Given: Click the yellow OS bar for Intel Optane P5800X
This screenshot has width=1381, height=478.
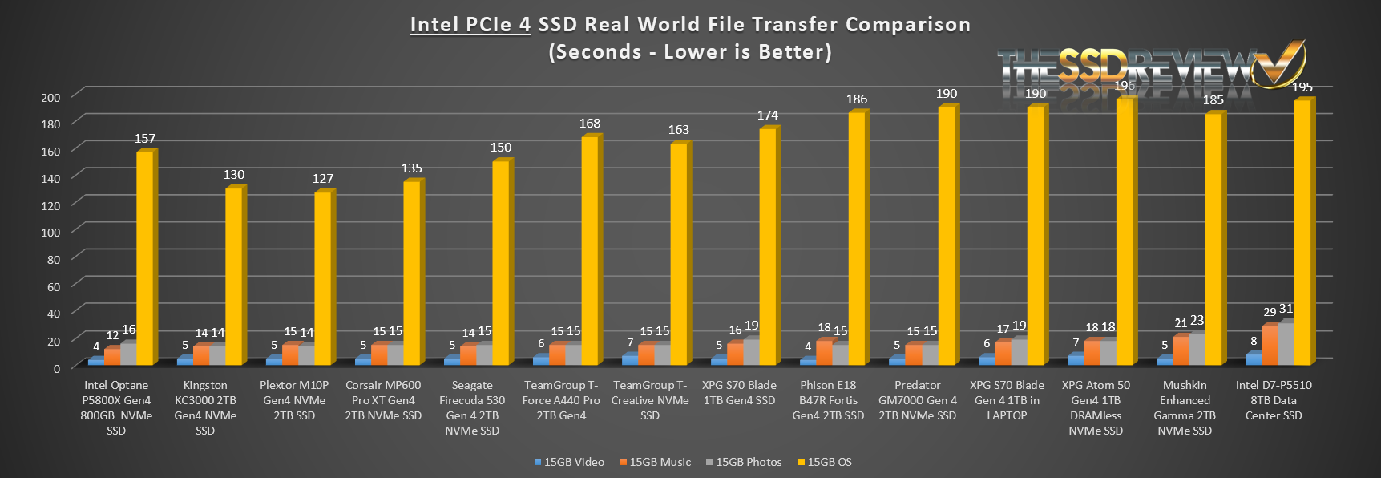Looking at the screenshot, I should click(x=145, y=257).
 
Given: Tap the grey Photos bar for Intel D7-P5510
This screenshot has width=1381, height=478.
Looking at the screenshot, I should click(x=1286, y=343).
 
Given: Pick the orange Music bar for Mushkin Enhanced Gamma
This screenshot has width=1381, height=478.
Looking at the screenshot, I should click(x=1180, y=350).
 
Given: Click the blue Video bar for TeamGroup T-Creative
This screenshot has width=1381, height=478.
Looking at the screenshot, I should click(x=630, y=359).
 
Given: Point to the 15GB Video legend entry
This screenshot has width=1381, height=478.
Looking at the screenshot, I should click(x=568, y=462).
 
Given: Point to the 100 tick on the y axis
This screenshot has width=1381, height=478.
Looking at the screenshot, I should click(x=50, y=233).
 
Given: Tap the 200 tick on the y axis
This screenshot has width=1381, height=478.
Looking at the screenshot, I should click(x=50, y=98).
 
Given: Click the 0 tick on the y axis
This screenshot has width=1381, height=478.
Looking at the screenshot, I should click(x=56, y=368).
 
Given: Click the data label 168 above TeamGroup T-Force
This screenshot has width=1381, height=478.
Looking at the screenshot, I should click(x=590, y=124).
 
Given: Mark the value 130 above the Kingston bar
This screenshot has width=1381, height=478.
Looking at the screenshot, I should click(x=234, y=175).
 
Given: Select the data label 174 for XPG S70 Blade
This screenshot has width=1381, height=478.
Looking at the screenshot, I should click(x=768, y=115).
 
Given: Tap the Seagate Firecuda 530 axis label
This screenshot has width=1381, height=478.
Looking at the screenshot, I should click(x=472, y=407).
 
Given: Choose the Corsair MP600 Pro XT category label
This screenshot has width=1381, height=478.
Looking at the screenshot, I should click(x=383, y=400).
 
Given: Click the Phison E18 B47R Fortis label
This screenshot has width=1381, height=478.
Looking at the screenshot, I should click(x=828, y=400).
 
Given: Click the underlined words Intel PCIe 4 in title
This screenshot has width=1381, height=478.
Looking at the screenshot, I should click(x=470, y=25).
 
